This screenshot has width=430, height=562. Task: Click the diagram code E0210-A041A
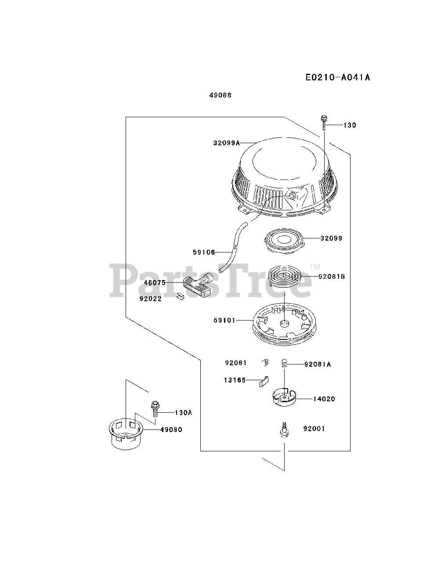point(338,78)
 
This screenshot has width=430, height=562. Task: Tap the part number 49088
point(220,95)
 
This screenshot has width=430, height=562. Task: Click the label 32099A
point(227,143)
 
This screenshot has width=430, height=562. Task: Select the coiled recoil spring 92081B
point(284,278)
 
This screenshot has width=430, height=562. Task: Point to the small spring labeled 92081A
point(284,364)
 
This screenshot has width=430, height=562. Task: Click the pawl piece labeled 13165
point(264,380)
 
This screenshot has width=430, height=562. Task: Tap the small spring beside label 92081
point(265,362)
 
